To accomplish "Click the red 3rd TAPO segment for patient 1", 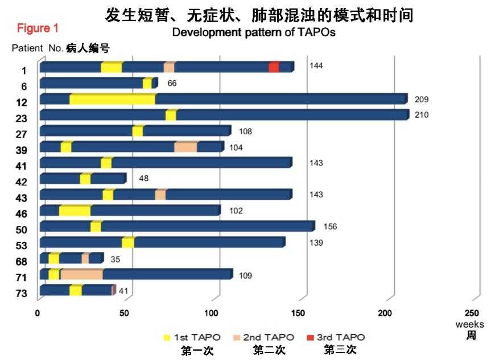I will (x=273, y=67).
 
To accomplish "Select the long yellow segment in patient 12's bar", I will (x=112, y=99).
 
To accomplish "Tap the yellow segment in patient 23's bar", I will (x=171, y=115).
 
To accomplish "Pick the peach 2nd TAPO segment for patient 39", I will (x=185, y=147).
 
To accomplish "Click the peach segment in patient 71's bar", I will (x=81, y=274).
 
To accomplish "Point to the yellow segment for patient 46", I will (x=75, y=210).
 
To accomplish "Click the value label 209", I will (x=421, y=100).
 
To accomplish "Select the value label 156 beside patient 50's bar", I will (x=330, y=226).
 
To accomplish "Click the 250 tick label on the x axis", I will (x=472, y=313).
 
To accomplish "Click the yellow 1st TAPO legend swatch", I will (x=166, y=337).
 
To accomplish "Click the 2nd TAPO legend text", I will (x=273, y=337).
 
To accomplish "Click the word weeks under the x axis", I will (x=469, y=324).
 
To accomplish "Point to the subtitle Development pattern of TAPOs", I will (x=254, y=32).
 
